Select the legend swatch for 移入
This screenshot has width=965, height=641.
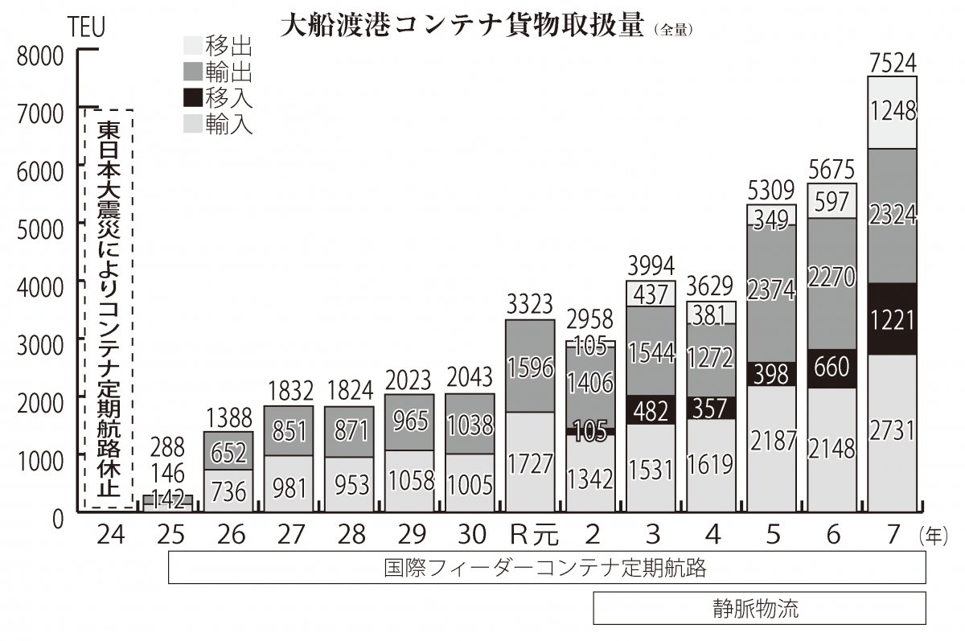point(193,98)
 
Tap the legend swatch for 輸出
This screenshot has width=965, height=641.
point(193,72)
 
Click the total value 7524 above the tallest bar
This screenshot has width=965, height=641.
point(892,62)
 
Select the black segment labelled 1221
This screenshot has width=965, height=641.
point(892,319)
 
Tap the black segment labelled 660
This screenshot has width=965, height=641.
point(832,368)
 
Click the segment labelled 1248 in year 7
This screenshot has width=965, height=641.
point(892,112)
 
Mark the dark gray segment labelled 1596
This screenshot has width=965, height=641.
point(529,366)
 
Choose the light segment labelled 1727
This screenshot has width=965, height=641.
point(529,462)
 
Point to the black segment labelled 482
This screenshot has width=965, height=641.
point(651,409)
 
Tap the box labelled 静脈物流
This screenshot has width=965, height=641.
point(759,608)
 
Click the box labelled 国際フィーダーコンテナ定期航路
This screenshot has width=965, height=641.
point(547,568)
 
